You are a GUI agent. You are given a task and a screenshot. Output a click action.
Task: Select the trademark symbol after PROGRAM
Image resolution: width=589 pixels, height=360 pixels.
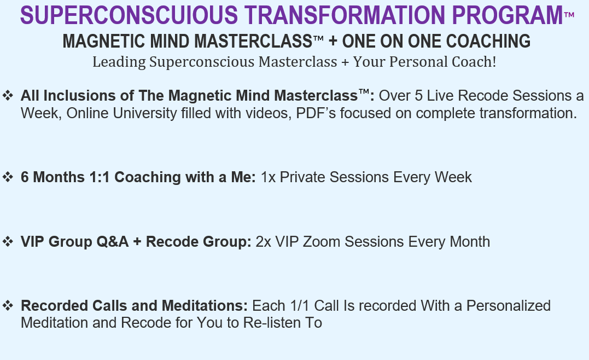pyautogui.click(x=569, y=15)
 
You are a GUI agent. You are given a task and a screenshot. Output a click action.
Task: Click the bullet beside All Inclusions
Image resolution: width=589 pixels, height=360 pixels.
pyautogui.click(x=8, y=95)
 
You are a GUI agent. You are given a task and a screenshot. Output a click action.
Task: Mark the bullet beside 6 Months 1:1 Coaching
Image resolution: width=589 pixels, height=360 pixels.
pyautogui.click(x=8, y=177)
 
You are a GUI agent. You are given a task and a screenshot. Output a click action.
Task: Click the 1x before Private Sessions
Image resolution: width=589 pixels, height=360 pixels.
pyautogui.click(x=268, y=177)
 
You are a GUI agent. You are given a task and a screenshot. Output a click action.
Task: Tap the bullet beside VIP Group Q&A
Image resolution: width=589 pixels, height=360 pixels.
pyautogui.click(x=8, y=241)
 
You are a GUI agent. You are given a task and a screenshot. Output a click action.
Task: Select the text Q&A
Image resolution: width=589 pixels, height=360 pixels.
pyautogui.click(x=113, y=242)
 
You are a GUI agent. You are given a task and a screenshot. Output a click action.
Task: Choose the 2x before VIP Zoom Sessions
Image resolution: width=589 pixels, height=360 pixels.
pyautogui.click(x=263, y=242)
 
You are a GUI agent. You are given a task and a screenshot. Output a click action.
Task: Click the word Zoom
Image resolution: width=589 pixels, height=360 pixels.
pyautogui.click(x=322, y=242)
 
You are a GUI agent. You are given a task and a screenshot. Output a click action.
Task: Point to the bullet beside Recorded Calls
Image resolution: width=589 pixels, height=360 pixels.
pyautogui.click(x=8, y=305)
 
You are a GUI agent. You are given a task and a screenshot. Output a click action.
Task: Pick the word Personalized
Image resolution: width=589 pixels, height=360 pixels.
pyautogui.click(x=509, y=306)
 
